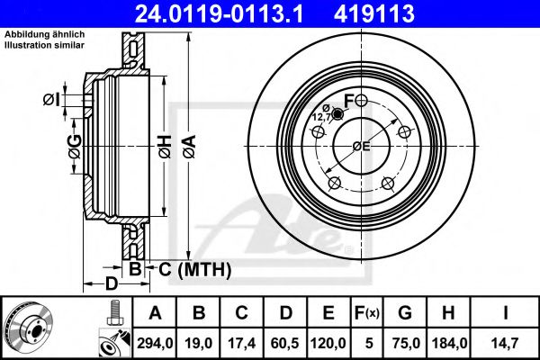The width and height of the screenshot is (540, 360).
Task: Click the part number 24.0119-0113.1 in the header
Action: click(x=219, y=13)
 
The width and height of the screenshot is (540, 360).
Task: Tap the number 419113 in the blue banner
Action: click(x=374, y=13)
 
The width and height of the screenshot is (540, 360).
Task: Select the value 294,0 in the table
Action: click(x=155, y=343)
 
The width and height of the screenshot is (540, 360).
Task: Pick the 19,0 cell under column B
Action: click(x=198, y=343)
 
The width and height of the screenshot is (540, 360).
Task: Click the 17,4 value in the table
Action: click(x=242, y=343)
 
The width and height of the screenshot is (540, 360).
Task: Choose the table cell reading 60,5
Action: click(x=285, y=343)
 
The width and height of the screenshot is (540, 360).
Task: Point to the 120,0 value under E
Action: click(x=328, y=343)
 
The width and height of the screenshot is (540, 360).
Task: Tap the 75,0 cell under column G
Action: click(x=405, y=343)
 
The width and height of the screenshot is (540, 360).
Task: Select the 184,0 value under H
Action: click(x=449, y=343)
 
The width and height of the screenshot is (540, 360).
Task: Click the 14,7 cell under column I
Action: click(x=505, y=343)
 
